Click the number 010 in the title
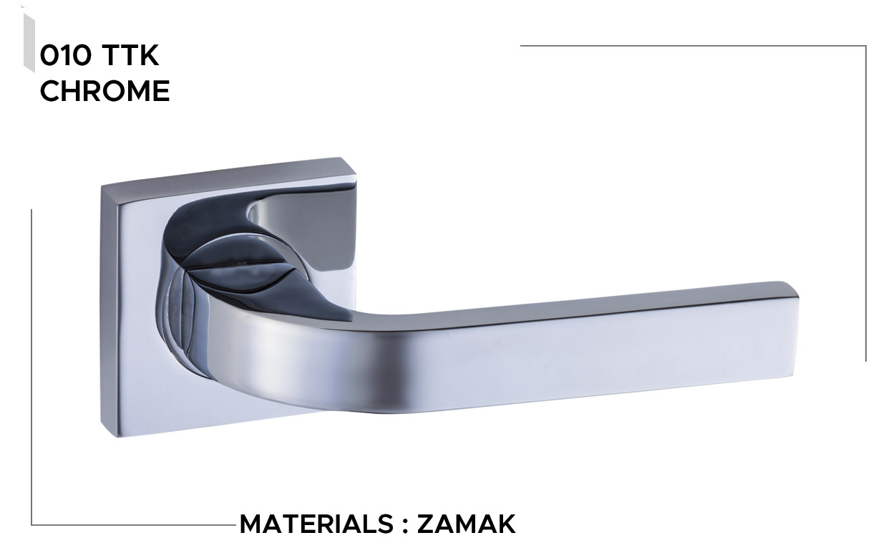point(65,55)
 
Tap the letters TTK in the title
point(130,55)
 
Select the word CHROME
point(104,91)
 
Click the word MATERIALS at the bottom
point(316,524)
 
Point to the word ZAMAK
point(466,524)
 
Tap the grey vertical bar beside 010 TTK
point(29,43)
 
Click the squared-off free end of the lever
point(794,332)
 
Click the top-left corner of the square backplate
point(102,186)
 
